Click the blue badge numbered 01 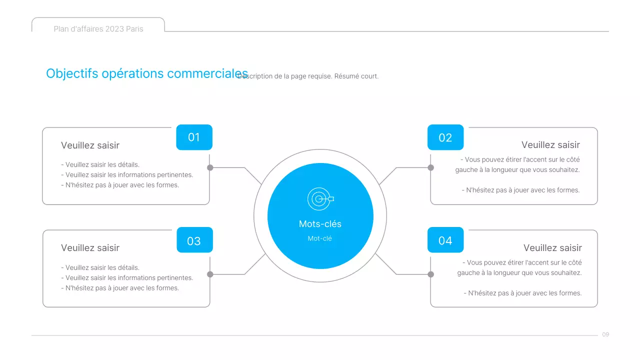(x=194, y=137)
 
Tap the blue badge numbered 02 (x=445, y=137)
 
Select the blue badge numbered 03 (x=194, y=240)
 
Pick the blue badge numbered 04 (x=445, y=240)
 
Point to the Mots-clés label (x=320, y=224)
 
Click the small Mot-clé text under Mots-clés (x=320, y=238)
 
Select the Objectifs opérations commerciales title (x=147, y=73)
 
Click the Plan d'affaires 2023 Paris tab (x=98, y=29)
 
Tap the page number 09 (x=605, y=334)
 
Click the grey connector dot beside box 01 (x=210, y=167)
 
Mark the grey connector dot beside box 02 (x=430, y=167)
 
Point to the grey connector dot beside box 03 (x=210, y=274)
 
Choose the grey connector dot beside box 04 (x=430, y=274)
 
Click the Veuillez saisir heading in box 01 (x=90, y=145)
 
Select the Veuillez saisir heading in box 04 (x=552, y=248)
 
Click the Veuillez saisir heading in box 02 (x=550, y=145)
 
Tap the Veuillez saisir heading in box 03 (x=90, y=248)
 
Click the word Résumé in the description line (x=346, y=76)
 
